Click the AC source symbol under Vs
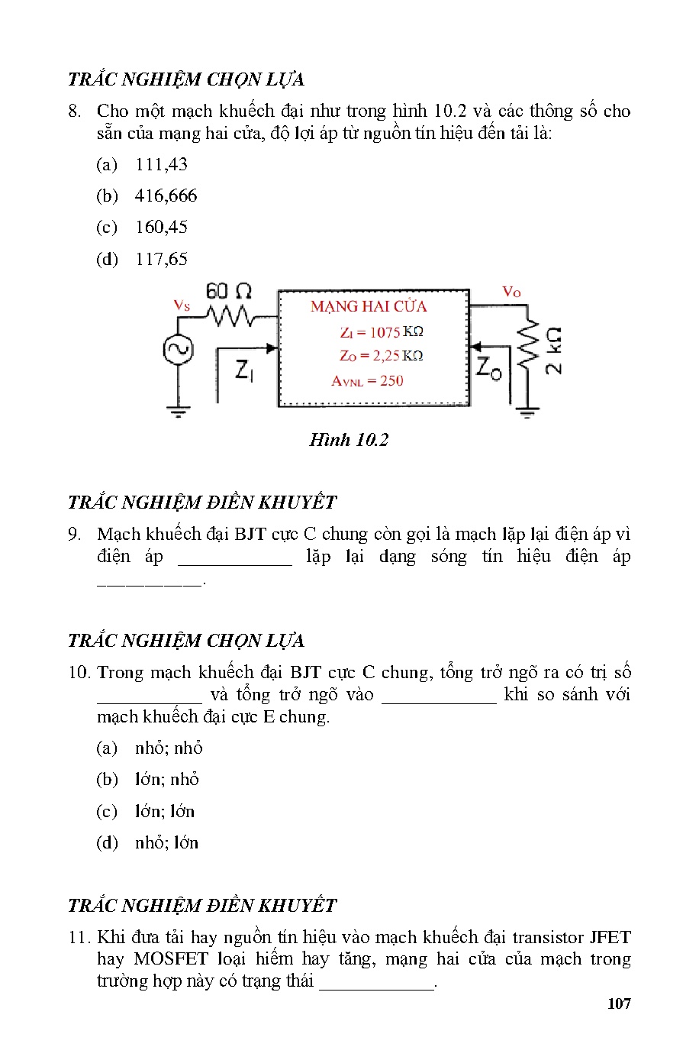click(178, 351)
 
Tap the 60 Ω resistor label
click(228, 291)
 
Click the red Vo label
click(511, 292)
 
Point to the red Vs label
click(182, 305)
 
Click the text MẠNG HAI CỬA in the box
click(369, 307)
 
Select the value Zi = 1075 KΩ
click(381, 332)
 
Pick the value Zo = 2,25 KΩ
click(381, 356)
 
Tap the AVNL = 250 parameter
click(367, 380)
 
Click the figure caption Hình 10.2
click(349, 440)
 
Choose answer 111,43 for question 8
click(161, 164)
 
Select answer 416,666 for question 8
click(166, 196)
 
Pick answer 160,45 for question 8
click(161, 227)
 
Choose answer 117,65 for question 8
click(161, 259)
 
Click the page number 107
click(619, 1004)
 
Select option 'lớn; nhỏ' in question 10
click(166, 779)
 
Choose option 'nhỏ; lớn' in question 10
click(166, 842)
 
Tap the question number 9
click(74, 534)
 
